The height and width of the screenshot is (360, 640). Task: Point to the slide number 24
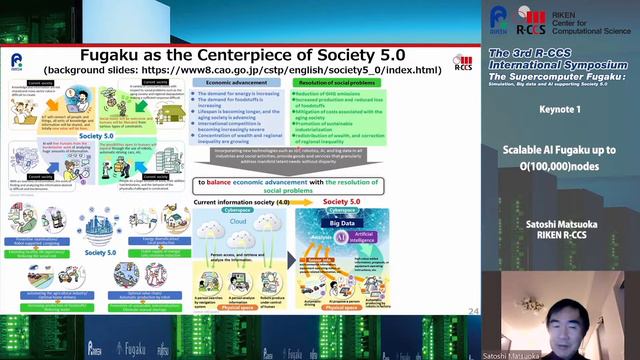473,312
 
